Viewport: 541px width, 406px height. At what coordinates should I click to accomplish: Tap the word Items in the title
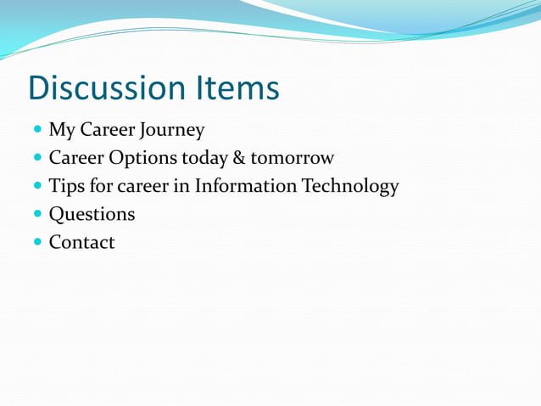[x=238, y=88]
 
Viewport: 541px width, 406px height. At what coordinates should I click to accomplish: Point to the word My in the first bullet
[x=62, y=131]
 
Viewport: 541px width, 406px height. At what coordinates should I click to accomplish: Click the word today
[x=201, y=159]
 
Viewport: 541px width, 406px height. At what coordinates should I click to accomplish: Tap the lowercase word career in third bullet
[x=141, y=187]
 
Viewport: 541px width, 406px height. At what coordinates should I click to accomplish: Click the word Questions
[x=92, y=215]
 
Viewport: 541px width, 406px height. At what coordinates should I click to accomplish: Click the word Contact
[x=81, y=242]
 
